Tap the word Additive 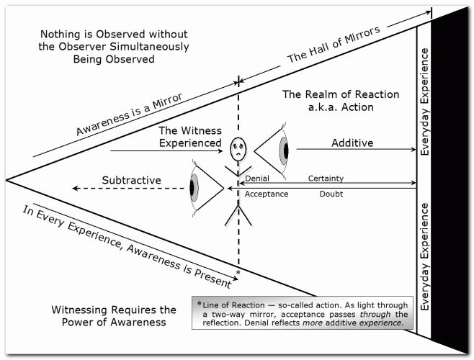pyautogui.click(x=352, y=143)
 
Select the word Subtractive pyautogui.click(x=131, y=179)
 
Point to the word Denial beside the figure pyautogui.click(x=258, y=178)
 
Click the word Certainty pyautogui.click(x=326, y=178)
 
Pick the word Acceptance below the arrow pyautogui.click(x=266, y=194)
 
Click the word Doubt pyautogui.click(x=331, y=194)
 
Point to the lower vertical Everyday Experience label pyautogui.click(x=425, y=256)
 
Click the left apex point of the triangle pyautogui.click(x=6, y=179)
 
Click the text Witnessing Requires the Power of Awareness pyautogui.click(x=114, y=316)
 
